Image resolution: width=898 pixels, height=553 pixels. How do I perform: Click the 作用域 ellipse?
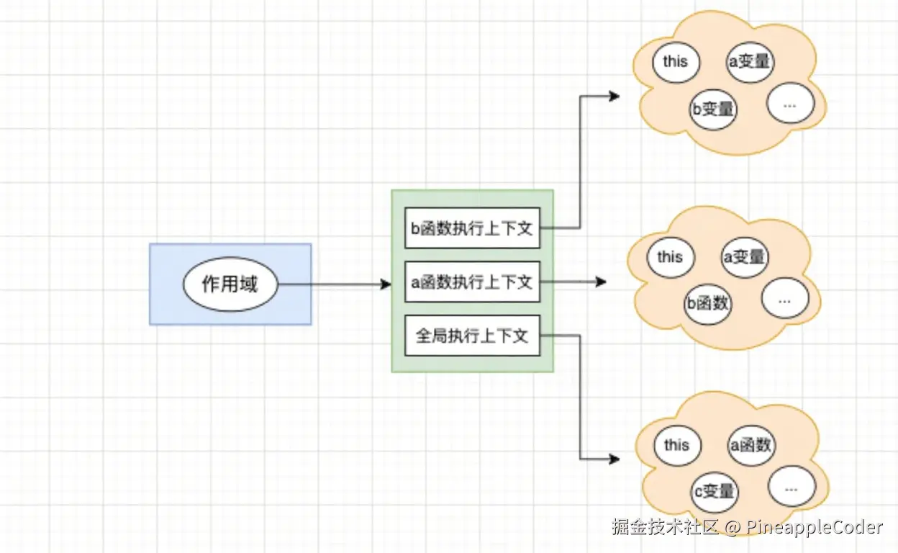(x=230, y=284)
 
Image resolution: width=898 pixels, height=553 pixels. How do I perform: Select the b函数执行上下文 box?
(x=471, y=228)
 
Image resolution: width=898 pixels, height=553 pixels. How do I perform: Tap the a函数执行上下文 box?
(x=471, y=282)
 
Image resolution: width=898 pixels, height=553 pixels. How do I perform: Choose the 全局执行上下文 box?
(x=471, y=336)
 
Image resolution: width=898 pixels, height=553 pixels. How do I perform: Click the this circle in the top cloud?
(x=675, y=62)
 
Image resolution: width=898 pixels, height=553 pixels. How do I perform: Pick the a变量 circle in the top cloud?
(x=750, y=62)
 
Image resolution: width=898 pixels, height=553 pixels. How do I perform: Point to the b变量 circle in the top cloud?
(x=712, y=109)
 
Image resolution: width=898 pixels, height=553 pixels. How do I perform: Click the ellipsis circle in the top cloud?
(x=789, y=104)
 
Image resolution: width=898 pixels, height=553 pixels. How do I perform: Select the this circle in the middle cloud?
(x=669, y=257)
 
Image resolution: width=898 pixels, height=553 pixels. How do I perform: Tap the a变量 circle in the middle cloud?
(x=745, y=257)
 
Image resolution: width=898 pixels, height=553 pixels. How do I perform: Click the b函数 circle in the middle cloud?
(x=707, y=303)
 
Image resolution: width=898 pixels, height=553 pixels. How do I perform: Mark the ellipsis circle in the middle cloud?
(x=784, y=299)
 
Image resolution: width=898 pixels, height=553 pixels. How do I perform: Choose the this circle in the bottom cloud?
(x=676, y=446)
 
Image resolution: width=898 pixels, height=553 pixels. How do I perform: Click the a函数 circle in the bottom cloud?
(x=751, y=446)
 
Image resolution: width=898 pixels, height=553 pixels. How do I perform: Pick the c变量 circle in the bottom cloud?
(x=714, y=492)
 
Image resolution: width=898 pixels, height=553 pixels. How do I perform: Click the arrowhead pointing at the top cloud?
(x=614, y=96)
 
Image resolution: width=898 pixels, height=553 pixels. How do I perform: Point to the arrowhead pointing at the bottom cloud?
(x=614, y=459)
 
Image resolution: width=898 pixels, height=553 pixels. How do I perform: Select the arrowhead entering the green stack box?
(x=386, y=284)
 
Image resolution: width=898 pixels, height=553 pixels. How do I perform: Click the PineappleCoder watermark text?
(x=813, y=527)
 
